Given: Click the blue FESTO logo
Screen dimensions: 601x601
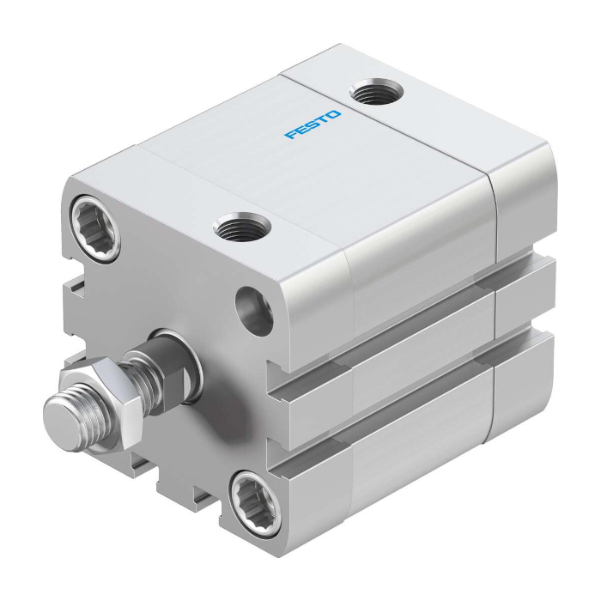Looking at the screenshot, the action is (313, 124).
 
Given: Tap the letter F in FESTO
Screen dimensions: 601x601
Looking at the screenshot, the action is (291, 134).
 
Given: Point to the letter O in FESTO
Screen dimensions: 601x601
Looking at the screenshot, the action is (333, 114).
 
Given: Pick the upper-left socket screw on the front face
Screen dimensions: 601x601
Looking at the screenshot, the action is (94, 228).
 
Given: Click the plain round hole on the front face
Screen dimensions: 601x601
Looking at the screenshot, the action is (254, 311).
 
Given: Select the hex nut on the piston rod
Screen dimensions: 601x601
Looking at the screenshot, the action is (100, 403).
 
